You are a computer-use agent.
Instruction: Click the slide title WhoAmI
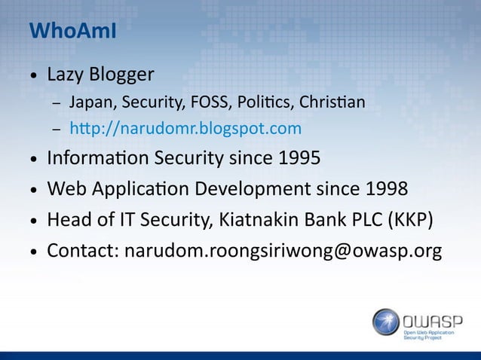pyautogui.click(x=72, y=32)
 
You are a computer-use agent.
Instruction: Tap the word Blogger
pyautogui.click(x=121, y=75)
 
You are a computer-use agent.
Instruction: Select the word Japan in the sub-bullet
pyautogui.click(x=86, y=102)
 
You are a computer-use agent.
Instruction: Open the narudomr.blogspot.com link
pyautogui.click(x=185, y=129)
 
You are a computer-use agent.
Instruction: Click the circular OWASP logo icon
pyautogui.click(x=386, y=322)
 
